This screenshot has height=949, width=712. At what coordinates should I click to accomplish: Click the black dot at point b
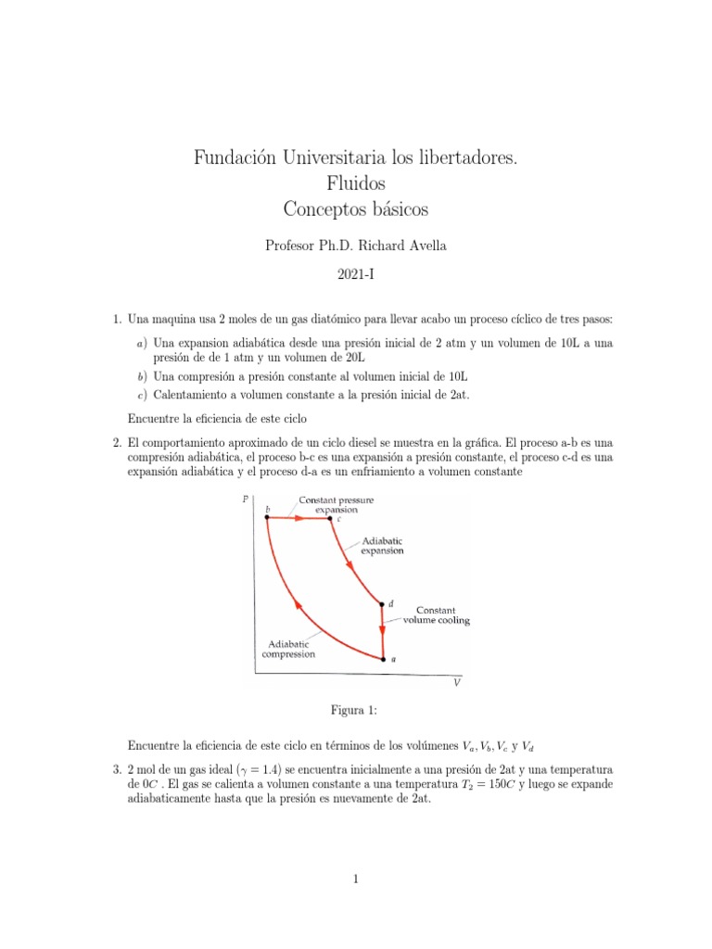[267, 519]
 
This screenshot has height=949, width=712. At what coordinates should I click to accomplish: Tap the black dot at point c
[331, 519]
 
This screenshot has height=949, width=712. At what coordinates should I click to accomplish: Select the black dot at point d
[382, 604]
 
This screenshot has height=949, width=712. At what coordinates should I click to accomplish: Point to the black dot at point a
[382, 659]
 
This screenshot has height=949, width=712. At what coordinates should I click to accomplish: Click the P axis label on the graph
[244, 500]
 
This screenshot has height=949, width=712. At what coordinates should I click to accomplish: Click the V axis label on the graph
[456, 684]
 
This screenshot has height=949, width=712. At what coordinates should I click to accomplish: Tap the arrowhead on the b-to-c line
[299, 519]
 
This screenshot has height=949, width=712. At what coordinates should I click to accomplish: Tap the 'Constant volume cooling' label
[436, 615]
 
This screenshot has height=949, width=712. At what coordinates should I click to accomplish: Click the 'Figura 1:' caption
[355, 710]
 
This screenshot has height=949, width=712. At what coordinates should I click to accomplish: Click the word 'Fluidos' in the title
[355, 183]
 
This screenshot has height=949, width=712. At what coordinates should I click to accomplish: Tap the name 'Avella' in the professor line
[422, 246]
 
